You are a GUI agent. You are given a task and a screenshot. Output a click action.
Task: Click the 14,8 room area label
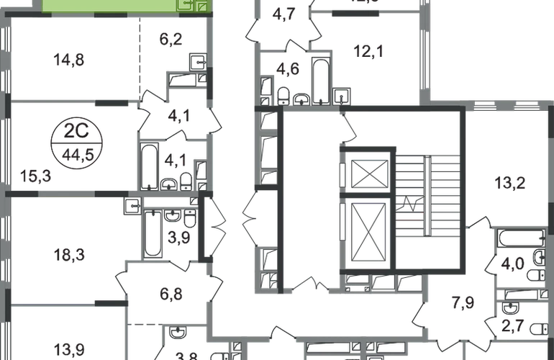(x=69, y=62)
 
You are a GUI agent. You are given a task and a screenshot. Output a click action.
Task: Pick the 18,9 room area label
(x=69, y=254)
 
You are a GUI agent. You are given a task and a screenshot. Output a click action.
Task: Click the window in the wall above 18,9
(x=66, y=192)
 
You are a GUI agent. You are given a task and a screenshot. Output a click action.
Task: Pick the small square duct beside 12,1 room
(x=342, y=94)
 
